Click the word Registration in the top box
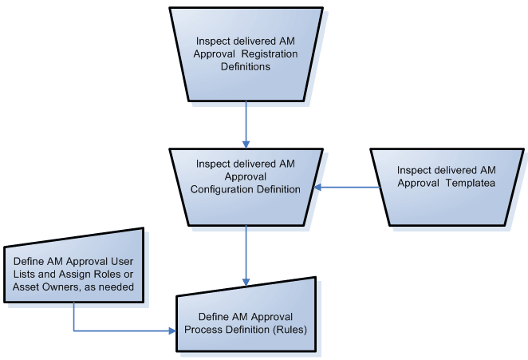tap(270, 53)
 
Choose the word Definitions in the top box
tap(246, 67)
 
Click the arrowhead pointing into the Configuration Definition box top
tap(246, 143)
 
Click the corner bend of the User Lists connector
tap(73, 330)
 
